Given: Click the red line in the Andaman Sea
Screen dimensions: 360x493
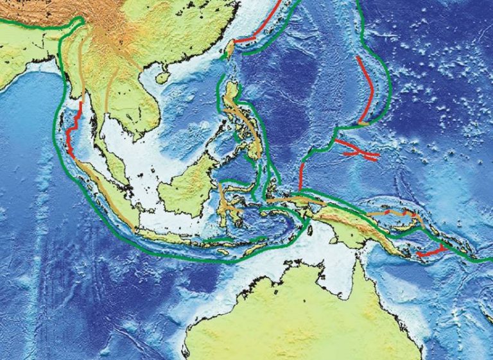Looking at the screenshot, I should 73,132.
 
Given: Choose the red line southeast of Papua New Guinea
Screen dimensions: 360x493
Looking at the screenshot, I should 431,252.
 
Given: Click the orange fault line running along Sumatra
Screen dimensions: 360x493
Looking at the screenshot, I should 106,193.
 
